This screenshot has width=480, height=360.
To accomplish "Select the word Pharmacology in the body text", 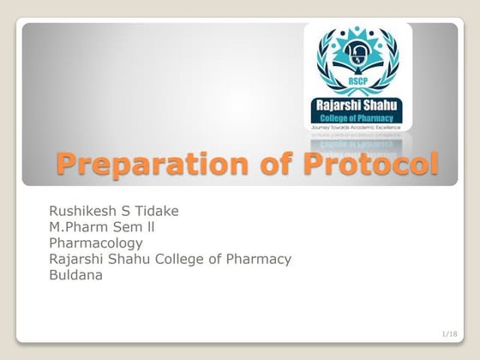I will pos(96,243).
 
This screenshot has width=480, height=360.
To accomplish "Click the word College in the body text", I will pos(177,259).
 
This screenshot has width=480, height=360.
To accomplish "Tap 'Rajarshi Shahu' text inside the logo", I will pos(357,105).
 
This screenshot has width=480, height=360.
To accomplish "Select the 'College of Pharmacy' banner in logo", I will pos(357,117).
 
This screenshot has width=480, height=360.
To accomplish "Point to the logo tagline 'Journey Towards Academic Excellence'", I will pos(357,126).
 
